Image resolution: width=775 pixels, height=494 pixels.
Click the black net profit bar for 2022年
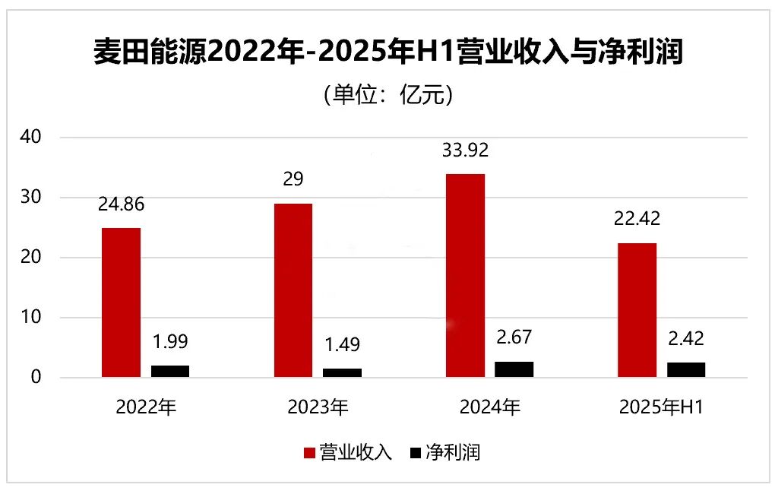(x=170, y=371)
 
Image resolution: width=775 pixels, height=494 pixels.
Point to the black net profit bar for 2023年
(x=342, y=372)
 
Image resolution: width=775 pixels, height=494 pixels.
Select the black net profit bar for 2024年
(x=514, y=369)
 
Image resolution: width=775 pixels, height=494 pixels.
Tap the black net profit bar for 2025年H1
(x=685, y=370)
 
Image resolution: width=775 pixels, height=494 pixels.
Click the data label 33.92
(x=465, y=150)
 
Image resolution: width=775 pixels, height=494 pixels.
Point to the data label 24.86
(x=121, y=204)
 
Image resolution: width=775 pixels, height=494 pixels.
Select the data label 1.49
(x=342, y=344)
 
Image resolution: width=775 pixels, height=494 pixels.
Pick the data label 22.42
(x=637, y=219)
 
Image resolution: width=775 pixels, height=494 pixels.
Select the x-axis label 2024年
(x=489, y=407)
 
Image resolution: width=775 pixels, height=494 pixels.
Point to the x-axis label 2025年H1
(x=661, y=407)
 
